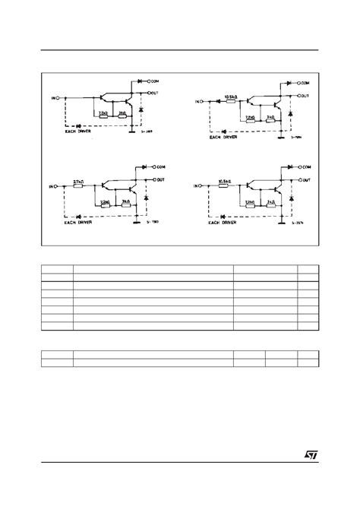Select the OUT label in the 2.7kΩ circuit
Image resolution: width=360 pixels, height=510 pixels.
click(x=161, y=180)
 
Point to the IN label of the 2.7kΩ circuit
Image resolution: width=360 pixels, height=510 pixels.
click(x=52, y=185)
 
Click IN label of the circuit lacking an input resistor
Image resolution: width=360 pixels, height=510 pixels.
click(x=52, y=98)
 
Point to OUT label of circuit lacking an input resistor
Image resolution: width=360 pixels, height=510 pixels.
click(x=155, y=93)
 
